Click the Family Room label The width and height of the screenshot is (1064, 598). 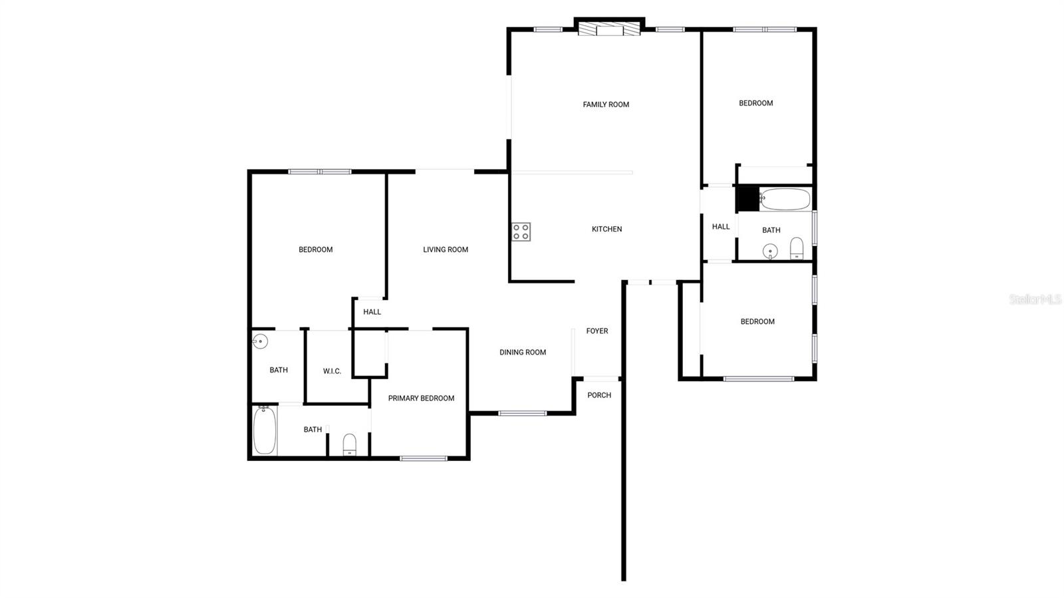(606, 104)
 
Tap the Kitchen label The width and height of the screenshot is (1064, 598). (606, 229)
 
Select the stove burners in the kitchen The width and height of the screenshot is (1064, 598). (521, 231)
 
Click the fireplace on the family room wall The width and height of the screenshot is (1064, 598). (608, 29)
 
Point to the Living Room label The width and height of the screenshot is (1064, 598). (446, 249)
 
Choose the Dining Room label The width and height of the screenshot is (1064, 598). (523, 352)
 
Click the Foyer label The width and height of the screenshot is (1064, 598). (597, 331)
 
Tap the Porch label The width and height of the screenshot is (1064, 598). (598, 395)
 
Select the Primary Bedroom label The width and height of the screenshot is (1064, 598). (421, 398)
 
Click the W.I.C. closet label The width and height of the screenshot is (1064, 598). (332, 371)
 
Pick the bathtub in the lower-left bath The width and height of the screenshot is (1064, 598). (264, 430)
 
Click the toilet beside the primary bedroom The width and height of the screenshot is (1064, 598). (350, 444)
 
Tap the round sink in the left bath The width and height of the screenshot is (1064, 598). (260, 342)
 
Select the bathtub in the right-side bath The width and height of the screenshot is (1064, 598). (785, 199)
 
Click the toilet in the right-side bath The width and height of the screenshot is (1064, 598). (797, 248)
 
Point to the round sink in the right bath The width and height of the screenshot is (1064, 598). (770, 251)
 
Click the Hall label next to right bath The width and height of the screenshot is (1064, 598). (721, 227)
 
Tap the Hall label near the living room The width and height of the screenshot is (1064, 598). (372, 312)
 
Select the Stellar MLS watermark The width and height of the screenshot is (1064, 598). (1035, 300)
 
